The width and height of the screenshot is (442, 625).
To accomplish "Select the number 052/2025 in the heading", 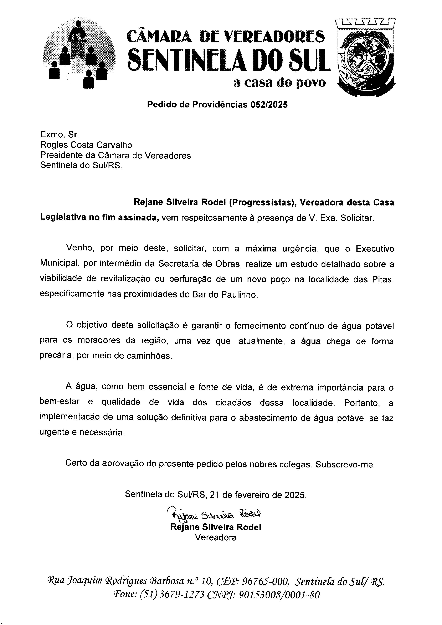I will point(269,105).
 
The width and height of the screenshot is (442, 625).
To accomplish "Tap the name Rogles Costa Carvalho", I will point(86,145).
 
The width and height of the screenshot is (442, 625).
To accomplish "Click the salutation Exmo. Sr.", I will point(60,135).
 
